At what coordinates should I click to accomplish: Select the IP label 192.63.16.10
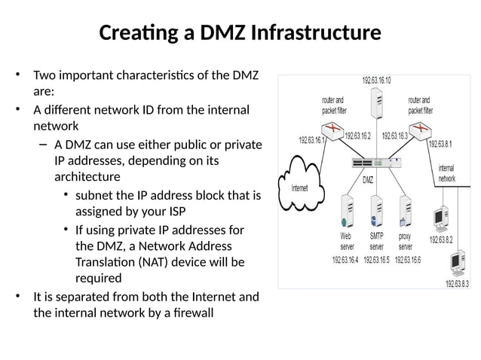click(376, 80)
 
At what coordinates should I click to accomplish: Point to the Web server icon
click(347, 210)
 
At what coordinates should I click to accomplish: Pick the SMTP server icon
click(376, 210)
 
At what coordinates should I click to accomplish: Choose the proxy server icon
click(406, 210)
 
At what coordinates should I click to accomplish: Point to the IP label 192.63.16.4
click(347, 260)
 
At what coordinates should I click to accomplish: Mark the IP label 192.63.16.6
click(408, 260)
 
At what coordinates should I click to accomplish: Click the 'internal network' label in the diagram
click(446, 174)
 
